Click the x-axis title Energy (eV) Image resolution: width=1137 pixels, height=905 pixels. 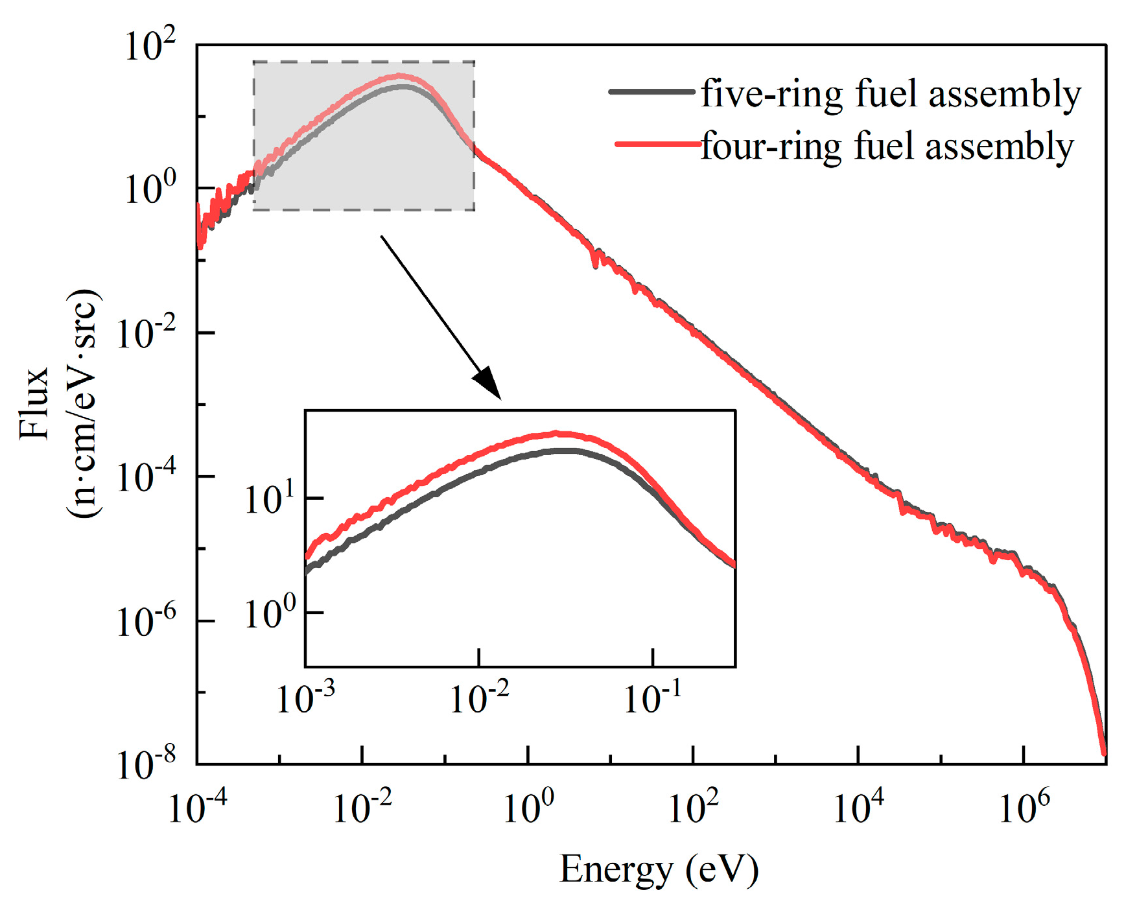point(659,869)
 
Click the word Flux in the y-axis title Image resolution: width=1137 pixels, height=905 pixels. point(34,403)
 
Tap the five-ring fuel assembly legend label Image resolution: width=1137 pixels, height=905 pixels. point(891,94)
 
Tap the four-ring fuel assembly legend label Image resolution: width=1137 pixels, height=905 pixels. point(887,146)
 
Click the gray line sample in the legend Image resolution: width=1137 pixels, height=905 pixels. point(651,93)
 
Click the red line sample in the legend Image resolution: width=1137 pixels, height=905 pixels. point(656,145)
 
